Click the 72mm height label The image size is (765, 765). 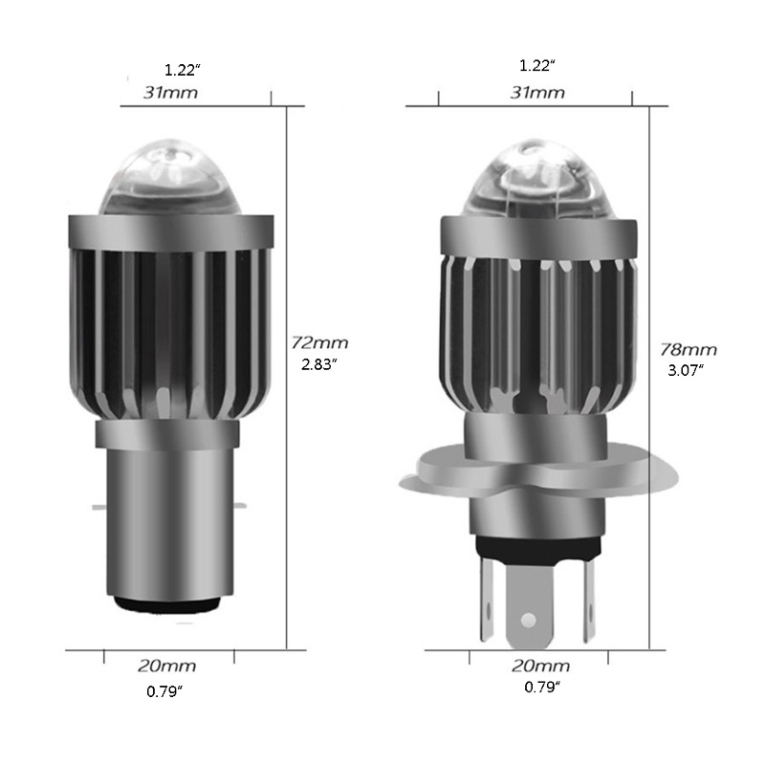[x=320, y=342]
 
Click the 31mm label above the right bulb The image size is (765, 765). [x=537, y=93]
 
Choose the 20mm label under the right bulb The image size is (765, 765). [x=541, y=666]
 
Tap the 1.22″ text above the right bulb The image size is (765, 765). [x=537, y=66]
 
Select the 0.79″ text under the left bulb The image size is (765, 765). [x=164, y=691]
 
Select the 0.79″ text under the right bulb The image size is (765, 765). [x=542, y=688]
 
